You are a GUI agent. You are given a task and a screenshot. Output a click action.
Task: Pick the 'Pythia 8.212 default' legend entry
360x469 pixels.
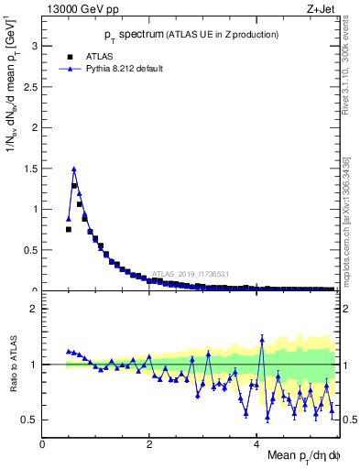point(110,68)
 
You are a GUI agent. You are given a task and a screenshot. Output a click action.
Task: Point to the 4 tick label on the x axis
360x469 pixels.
point(256,443)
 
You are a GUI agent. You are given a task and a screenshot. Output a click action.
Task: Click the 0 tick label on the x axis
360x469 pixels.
point(43,443)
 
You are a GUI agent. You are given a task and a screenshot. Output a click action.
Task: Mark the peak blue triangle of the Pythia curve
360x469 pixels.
point(73,169)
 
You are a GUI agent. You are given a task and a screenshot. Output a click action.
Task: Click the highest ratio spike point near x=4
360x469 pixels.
point(262,338)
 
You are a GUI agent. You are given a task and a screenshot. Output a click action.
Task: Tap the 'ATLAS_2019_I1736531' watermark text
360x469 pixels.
point(191,273)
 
